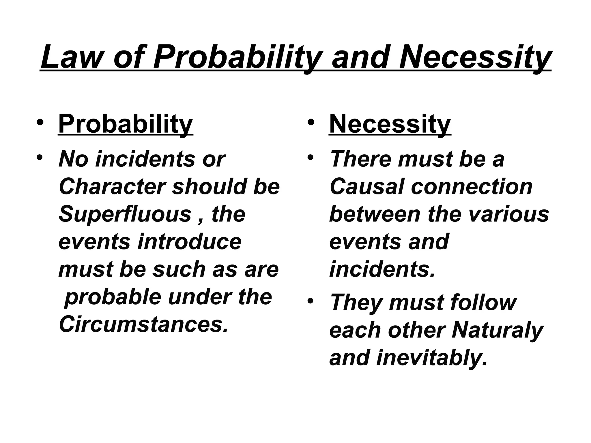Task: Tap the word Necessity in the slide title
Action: click(475, 57)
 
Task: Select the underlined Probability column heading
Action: click(126, 124)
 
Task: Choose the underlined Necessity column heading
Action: click(390, 124)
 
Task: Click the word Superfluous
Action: click(125, 214)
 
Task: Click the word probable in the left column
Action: click(112, 297)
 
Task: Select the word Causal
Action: click(366, 187)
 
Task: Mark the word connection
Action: click(472, 187)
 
